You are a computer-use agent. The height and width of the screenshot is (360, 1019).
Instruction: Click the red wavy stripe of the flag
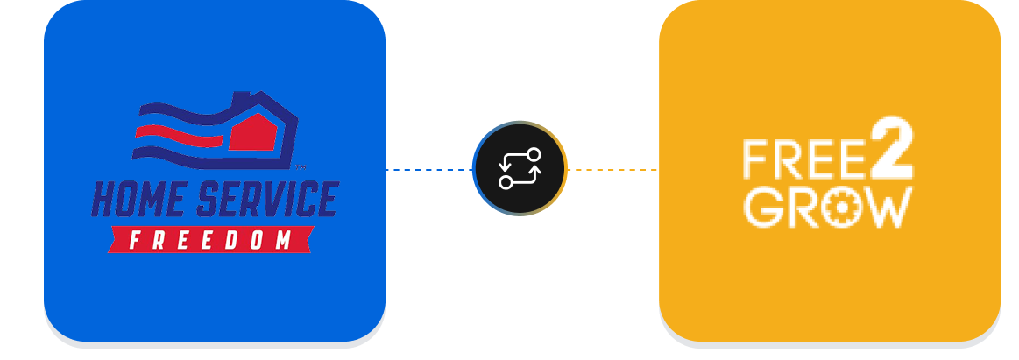pyautogui.click(x=175, y=134)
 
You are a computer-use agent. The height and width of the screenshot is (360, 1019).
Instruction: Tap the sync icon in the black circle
pyautogui.click(x=520, y=168)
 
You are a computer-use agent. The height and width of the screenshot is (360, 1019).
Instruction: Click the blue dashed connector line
pyautogui.click(x=429, y=170)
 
